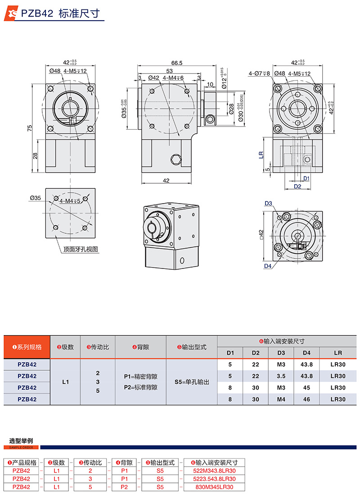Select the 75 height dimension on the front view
30,128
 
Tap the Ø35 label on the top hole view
36,197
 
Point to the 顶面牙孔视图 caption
81,249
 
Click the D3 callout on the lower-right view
268,203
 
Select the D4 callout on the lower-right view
268,266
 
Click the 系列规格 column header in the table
27,347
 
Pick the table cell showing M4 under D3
281,399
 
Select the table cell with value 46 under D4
306,399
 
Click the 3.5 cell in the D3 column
281,376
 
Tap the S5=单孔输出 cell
192,381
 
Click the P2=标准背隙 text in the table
140,387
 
